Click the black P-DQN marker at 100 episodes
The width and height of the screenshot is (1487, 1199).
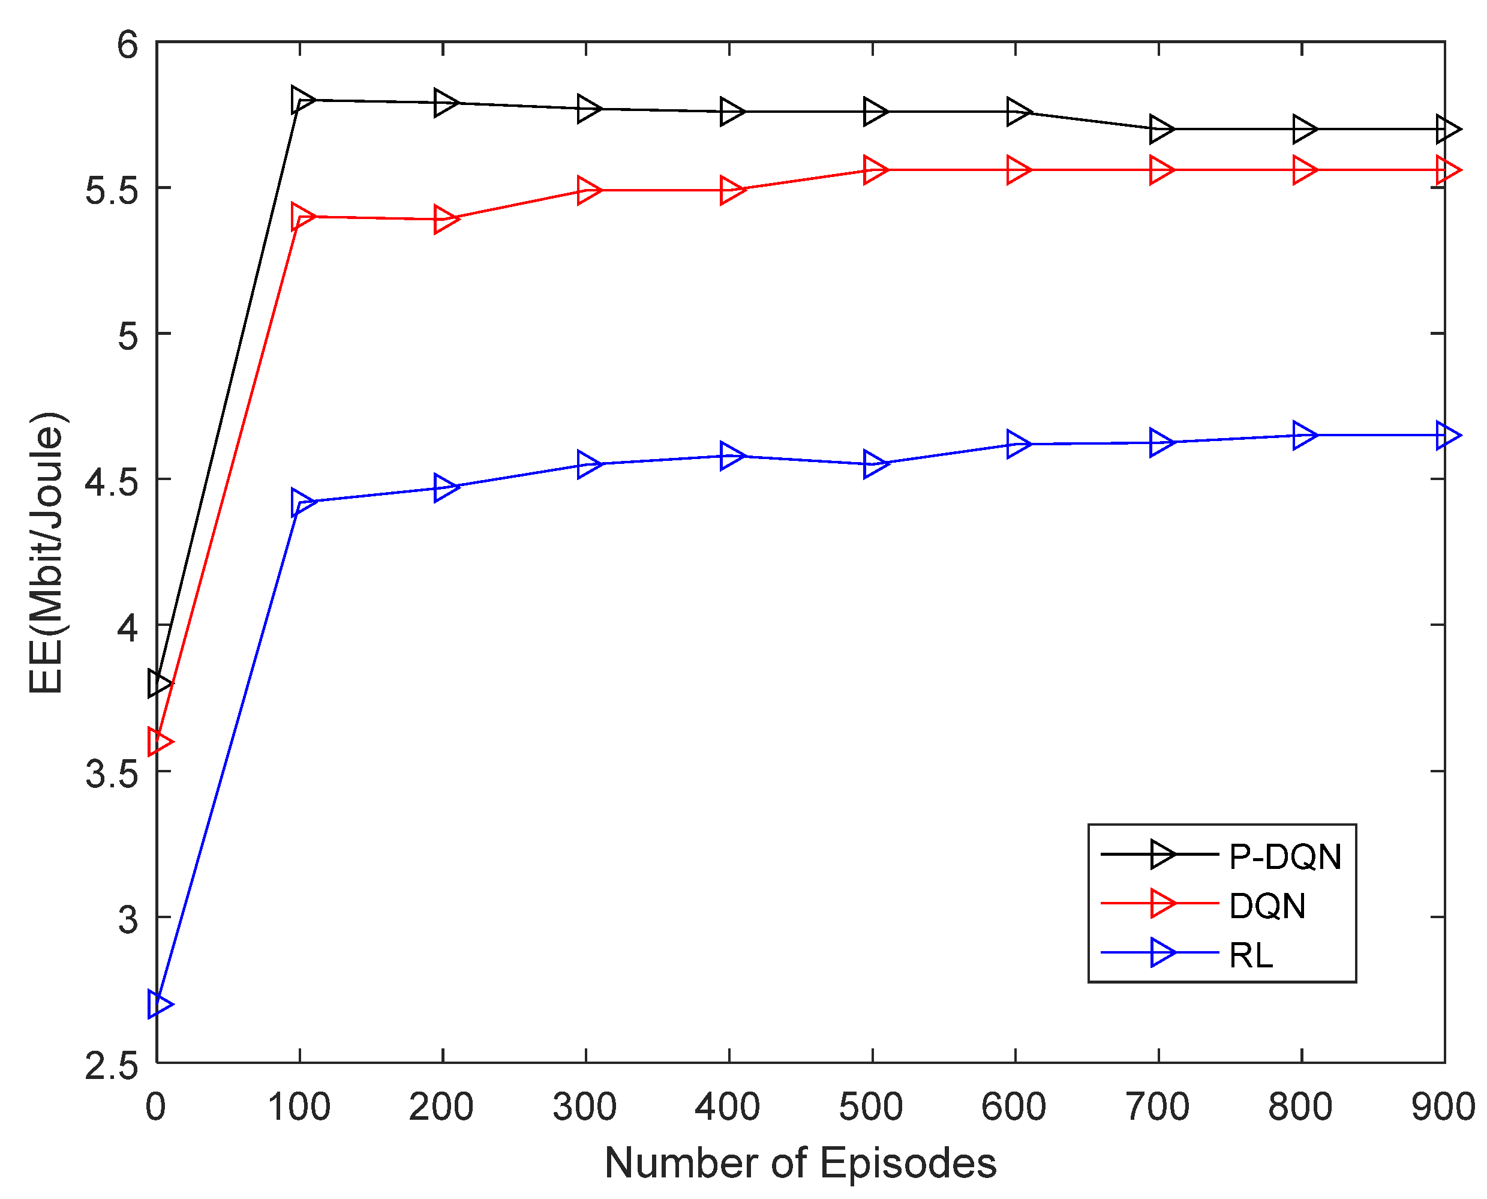(x=302, y=100)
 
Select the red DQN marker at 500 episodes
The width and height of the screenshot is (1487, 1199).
(x=875, y=170)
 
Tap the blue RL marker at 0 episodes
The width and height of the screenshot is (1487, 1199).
(x=159, y=1003)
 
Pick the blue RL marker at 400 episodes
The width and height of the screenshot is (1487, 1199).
(x=731, y=456)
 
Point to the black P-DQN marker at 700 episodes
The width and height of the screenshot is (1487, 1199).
(x=1161, y=129)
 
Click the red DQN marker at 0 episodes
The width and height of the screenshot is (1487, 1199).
(x=159, y=742)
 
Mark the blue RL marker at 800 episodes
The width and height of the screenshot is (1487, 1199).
(x=1304, y=435)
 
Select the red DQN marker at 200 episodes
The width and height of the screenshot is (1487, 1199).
(x=445, y=220)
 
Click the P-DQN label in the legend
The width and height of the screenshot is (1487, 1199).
(x=1285, y=857)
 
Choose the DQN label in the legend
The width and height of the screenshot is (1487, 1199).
(x=1267, y=906)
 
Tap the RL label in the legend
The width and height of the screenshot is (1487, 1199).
(x=1251, y=956)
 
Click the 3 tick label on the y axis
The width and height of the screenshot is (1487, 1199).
(x=128, y=919)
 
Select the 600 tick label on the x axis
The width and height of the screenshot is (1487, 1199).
(x=1013, y=1107)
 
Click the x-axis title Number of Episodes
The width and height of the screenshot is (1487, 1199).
(x=800, y=1162)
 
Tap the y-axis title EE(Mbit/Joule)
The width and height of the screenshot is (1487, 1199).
(x=47, y=553)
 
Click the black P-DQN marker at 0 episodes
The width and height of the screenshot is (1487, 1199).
(x=159, y=684)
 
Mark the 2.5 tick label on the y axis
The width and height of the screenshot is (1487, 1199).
(x=111, y=1066)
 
